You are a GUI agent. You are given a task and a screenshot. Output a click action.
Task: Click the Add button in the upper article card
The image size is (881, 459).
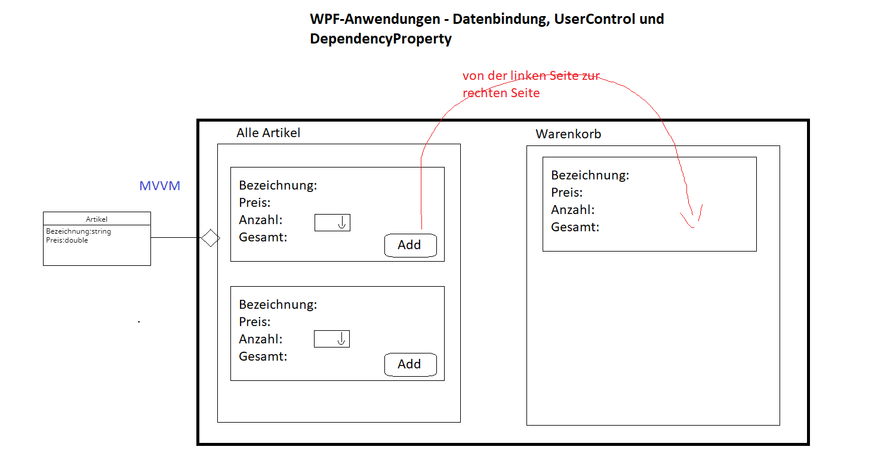pos(410,246)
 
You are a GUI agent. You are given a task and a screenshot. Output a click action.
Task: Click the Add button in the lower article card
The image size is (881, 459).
pos(410,365)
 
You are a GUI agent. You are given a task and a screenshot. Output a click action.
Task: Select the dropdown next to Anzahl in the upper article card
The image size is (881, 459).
pos(332,222)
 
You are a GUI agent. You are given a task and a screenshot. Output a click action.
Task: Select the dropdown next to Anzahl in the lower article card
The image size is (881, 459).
pos(331,339)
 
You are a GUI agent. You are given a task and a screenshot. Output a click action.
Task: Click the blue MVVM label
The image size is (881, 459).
pos(160,186)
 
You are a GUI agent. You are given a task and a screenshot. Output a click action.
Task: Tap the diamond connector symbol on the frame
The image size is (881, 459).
pos(211,238)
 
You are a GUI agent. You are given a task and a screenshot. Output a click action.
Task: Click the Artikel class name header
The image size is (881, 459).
pos(96,219)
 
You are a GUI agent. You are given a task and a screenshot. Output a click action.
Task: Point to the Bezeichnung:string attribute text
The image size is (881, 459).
pos(78,231)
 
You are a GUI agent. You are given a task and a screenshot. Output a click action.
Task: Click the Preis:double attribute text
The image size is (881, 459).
pos(67,240)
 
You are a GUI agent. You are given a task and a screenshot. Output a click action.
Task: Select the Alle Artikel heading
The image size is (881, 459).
pos(268,133)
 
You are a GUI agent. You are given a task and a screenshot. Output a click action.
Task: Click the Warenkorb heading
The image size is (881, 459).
pos(568,134)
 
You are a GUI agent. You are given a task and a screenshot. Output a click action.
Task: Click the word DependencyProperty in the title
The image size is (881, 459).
pos(381,39)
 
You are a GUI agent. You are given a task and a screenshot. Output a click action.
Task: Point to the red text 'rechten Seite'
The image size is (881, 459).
pos(501,93)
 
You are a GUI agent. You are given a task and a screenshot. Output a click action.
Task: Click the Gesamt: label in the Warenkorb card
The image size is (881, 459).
pos(575,227)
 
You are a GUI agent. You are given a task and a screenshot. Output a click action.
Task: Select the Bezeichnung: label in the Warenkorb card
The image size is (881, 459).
pos(590,175)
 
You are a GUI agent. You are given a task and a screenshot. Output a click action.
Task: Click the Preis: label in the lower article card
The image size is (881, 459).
pos(255,322)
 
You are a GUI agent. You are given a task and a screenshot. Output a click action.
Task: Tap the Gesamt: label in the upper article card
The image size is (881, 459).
pos(263,237)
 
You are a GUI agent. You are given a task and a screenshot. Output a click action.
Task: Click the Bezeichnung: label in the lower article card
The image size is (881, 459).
pos(278,305)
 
